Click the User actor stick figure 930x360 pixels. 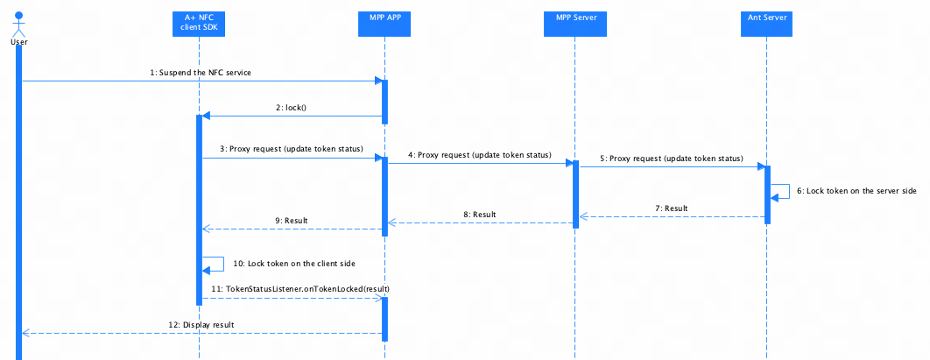click(19, 24)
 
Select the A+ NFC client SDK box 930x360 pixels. click(200, 23)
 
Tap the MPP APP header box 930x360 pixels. click(384, 23)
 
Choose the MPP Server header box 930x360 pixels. click(574, 23)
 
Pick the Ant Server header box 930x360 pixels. click(766, 23)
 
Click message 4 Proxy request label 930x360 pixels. click(479, 155)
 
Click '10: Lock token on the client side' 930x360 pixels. click(293, 263)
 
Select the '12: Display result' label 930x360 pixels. click(201, 325)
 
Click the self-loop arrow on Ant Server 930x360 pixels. click(789, 192)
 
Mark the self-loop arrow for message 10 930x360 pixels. click(223, 264)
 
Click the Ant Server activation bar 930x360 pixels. click(767, 194)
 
